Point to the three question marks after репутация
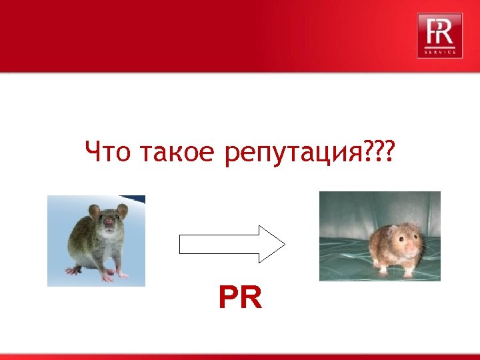(377, 153)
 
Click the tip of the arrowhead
(285, 244)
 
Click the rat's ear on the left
(95, 212)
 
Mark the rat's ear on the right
(122, 211)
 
